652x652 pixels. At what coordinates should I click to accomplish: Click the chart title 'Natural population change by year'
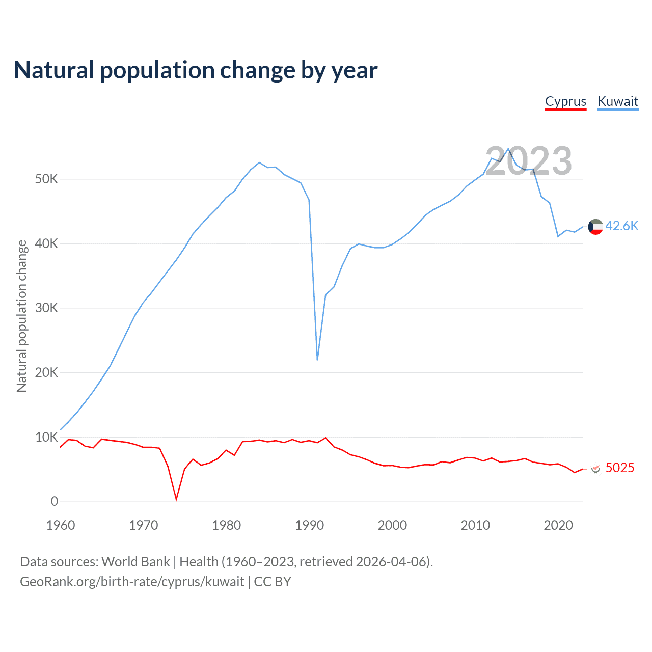coord(196,70)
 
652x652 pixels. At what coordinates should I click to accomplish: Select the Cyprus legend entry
coord(565,101)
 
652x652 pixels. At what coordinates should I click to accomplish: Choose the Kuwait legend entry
coord(617,101)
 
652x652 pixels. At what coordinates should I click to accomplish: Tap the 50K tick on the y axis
coord(47,179)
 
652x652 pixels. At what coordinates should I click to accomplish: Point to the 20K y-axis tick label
coord(47,372)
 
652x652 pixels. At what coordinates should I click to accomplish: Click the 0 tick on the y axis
coord(55,501)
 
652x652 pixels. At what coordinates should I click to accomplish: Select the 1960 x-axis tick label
coord(61,525)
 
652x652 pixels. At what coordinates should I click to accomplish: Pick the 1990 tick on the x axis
coord(310,525)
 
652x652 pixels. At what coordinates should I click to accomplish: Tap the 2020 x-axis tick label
coord(558,525)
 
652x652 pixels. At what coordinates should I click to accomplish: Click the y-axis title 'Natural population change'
coord(22,316)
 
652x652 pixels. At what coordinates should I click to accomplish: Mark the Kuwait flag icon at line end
coord(595,227)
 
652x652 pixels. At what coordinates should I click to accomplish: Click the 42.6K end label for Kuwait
coord(621,226)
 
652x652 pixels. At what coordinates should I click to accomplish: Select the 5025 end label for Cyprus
coord(620,468)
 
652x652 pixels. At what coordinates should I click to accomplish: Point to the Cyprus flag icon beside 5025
coord(595,469)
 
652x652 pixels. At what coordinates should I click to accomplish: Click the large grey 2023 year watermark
coord(528,161)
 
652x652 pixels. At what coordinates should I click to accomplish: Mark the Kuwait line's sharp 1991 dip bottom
coord(317,360)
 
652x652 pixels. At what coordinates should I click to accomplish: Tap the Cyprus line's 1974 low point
coord(176,500)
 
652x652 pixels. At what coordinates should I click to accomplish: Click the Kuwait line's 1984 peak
coord(259,162)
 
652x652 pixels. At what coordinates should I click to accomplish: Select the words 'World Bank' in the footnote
coord(135,562)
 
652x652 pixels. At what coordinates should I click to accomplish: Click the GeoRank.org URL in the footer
coord(132,582)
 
